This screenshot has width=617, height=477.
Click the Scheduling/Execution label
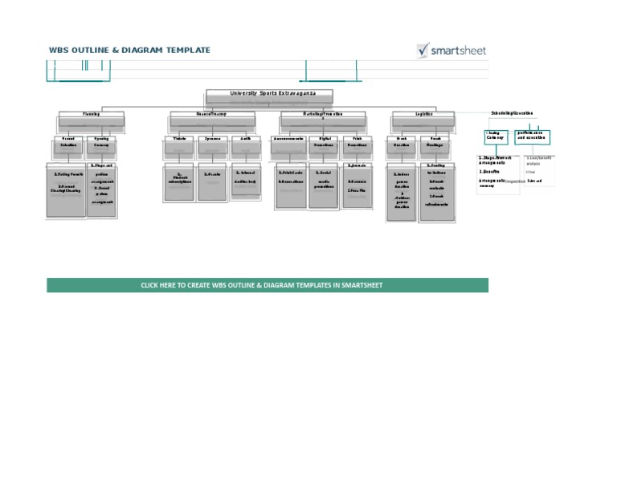(512, 113)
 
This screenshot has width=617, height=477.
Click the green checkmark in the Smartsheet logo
(423, 50)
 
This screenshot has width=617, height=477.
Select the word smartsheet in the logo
(459, 51)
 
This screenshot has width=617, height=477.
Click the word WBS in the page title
(59, 50)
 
